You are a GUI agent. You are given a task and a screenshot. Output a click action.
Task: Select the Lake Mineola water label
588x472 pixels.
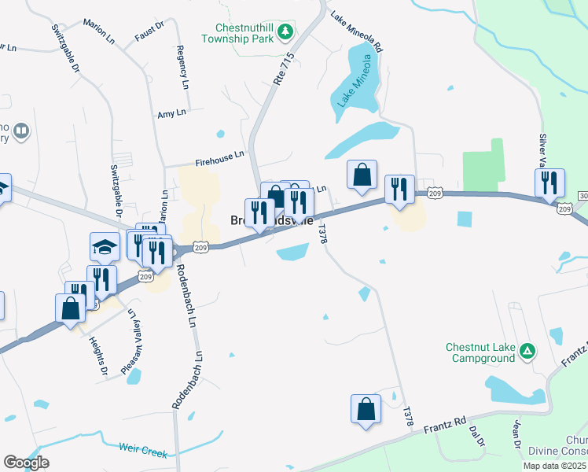(x=354, y=82)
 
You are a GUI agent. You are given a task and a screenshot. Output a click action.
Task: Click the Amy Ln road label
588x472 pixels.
(x=171, y=113)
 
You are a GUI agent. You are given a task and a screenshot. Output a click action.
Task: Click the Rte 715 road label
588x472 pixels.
(x=284, y=68)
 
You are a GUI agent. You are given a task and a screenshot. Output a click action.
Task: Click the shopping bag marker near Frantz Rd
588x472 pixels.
(x=366, y=409)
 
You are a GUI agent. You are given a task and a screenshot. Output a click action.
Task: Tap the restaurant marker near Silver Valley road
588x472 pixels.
(x=549, y=183)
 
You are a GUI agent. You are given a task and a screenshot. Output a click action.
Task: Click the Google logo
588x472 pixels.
(x=26, y=463)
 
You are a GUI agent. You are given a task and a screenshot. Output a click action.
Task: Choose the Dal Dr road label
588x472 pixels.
(x=474, y=437)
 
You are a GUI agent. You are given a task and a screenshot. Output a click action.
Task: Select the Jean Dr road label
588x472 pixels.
(x=517, y=433)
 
